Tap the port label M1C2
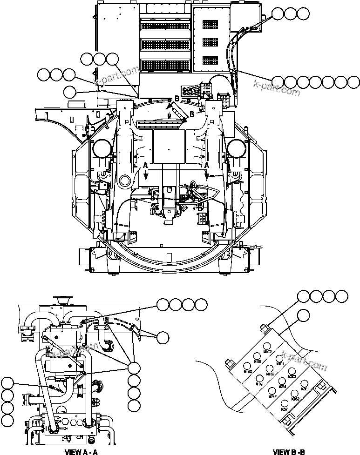tap(267, 352)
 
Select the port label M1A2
tap(248, 371)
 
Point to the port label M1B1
tap(258, 361)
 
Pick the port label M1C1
tap(280, 364)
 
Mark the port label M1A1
tap(260, 384)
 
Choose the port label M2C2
tap(292, 376)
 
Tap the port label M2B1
tap(282, 387)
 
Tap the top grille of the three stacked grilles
tap(165, 27)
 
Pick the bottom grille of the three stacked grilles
tap(165, 65)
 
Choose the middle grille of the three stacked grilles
tap(165, 45)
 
